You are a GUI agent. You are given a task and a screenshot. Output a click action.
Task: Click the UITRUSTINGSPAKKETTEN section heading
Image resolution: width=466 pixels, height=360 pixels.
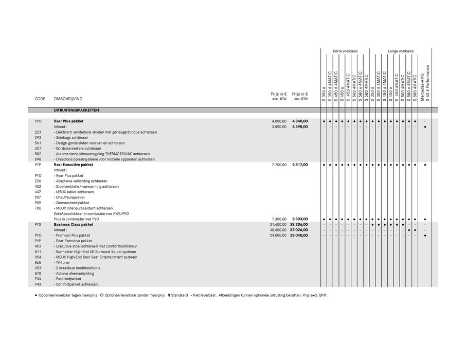coord(77,111)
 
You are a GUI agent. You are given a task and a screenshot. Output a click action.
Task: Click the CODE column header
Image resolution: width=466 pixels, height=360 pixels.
coord(40,99)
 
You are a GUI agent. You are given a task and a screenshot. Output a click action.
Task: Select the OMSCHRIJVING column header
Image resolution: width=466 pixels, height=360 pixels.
coord(68,99)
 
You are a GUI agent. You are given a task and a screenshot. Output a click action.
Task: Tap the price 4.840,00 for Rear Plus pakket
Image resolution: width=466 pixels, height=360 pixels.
coord(300,121)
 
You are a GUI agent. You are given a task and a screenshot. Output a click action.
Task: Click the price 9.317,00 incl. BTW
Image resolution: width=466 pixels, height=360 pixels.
coord(300,165)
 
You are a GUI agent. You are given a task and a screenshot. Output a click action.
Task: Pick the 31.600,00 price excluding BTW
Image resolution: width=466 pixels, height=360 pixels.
coord(278,224)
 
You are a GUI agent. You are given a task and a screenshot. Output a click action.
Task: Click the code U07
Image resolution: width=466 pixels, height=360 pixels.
coord(38,148)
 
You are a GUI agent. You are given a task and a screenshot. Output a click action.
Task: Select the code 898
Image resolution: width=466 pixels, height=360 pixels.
coord(38,159)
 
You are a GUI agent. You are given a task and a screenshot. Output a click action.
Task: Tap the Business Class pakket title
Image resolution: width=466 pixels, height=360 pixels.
coord(74,224)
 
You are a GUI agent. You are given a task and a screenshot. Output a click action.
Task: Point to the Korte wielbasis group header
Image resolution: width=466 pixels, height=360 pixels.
coord(345,51)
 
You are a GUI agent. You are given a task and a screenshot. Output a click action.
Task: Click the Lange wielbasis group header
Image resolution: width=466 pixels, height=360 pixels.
coord(401,51)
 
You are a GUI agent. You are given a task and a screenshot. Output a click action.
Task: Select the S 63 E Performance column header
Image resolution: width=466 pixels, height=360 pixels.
coord(428,82)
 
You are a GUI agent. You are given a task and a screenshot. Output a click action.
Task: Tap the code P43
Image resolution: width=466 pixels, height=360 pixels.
coord(38,284)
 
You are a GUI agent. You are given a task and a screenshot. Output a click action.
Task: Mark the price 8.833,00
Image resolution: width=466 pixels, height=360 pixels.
coord(300,219)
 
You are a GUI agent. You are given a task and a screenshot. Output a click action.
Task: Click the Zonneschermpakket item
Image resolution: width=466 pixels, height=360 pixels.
coord(71,203)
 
